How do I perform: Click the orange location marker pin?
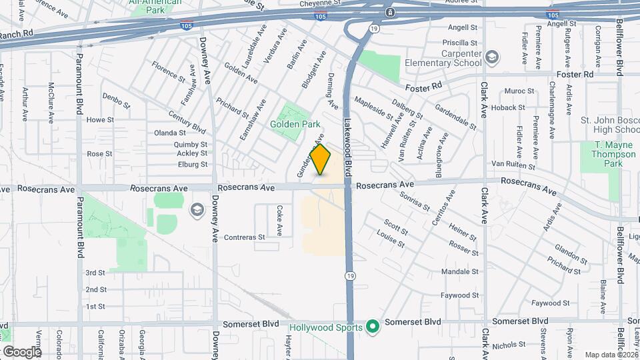321,159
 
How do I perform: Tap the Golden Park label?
295,124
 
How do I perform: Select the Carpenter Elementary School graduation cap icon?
493,57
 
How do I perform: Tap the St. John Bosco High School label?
609,125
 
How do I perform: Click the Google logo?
21,351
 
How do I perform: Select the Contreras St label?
245,237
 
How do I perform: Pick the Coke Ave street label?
279,220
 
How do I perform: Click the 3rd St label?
95,273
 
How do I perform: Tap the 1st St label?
95,306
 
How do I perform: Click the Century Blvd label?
187,122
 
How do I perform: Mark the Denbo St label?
116,100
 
